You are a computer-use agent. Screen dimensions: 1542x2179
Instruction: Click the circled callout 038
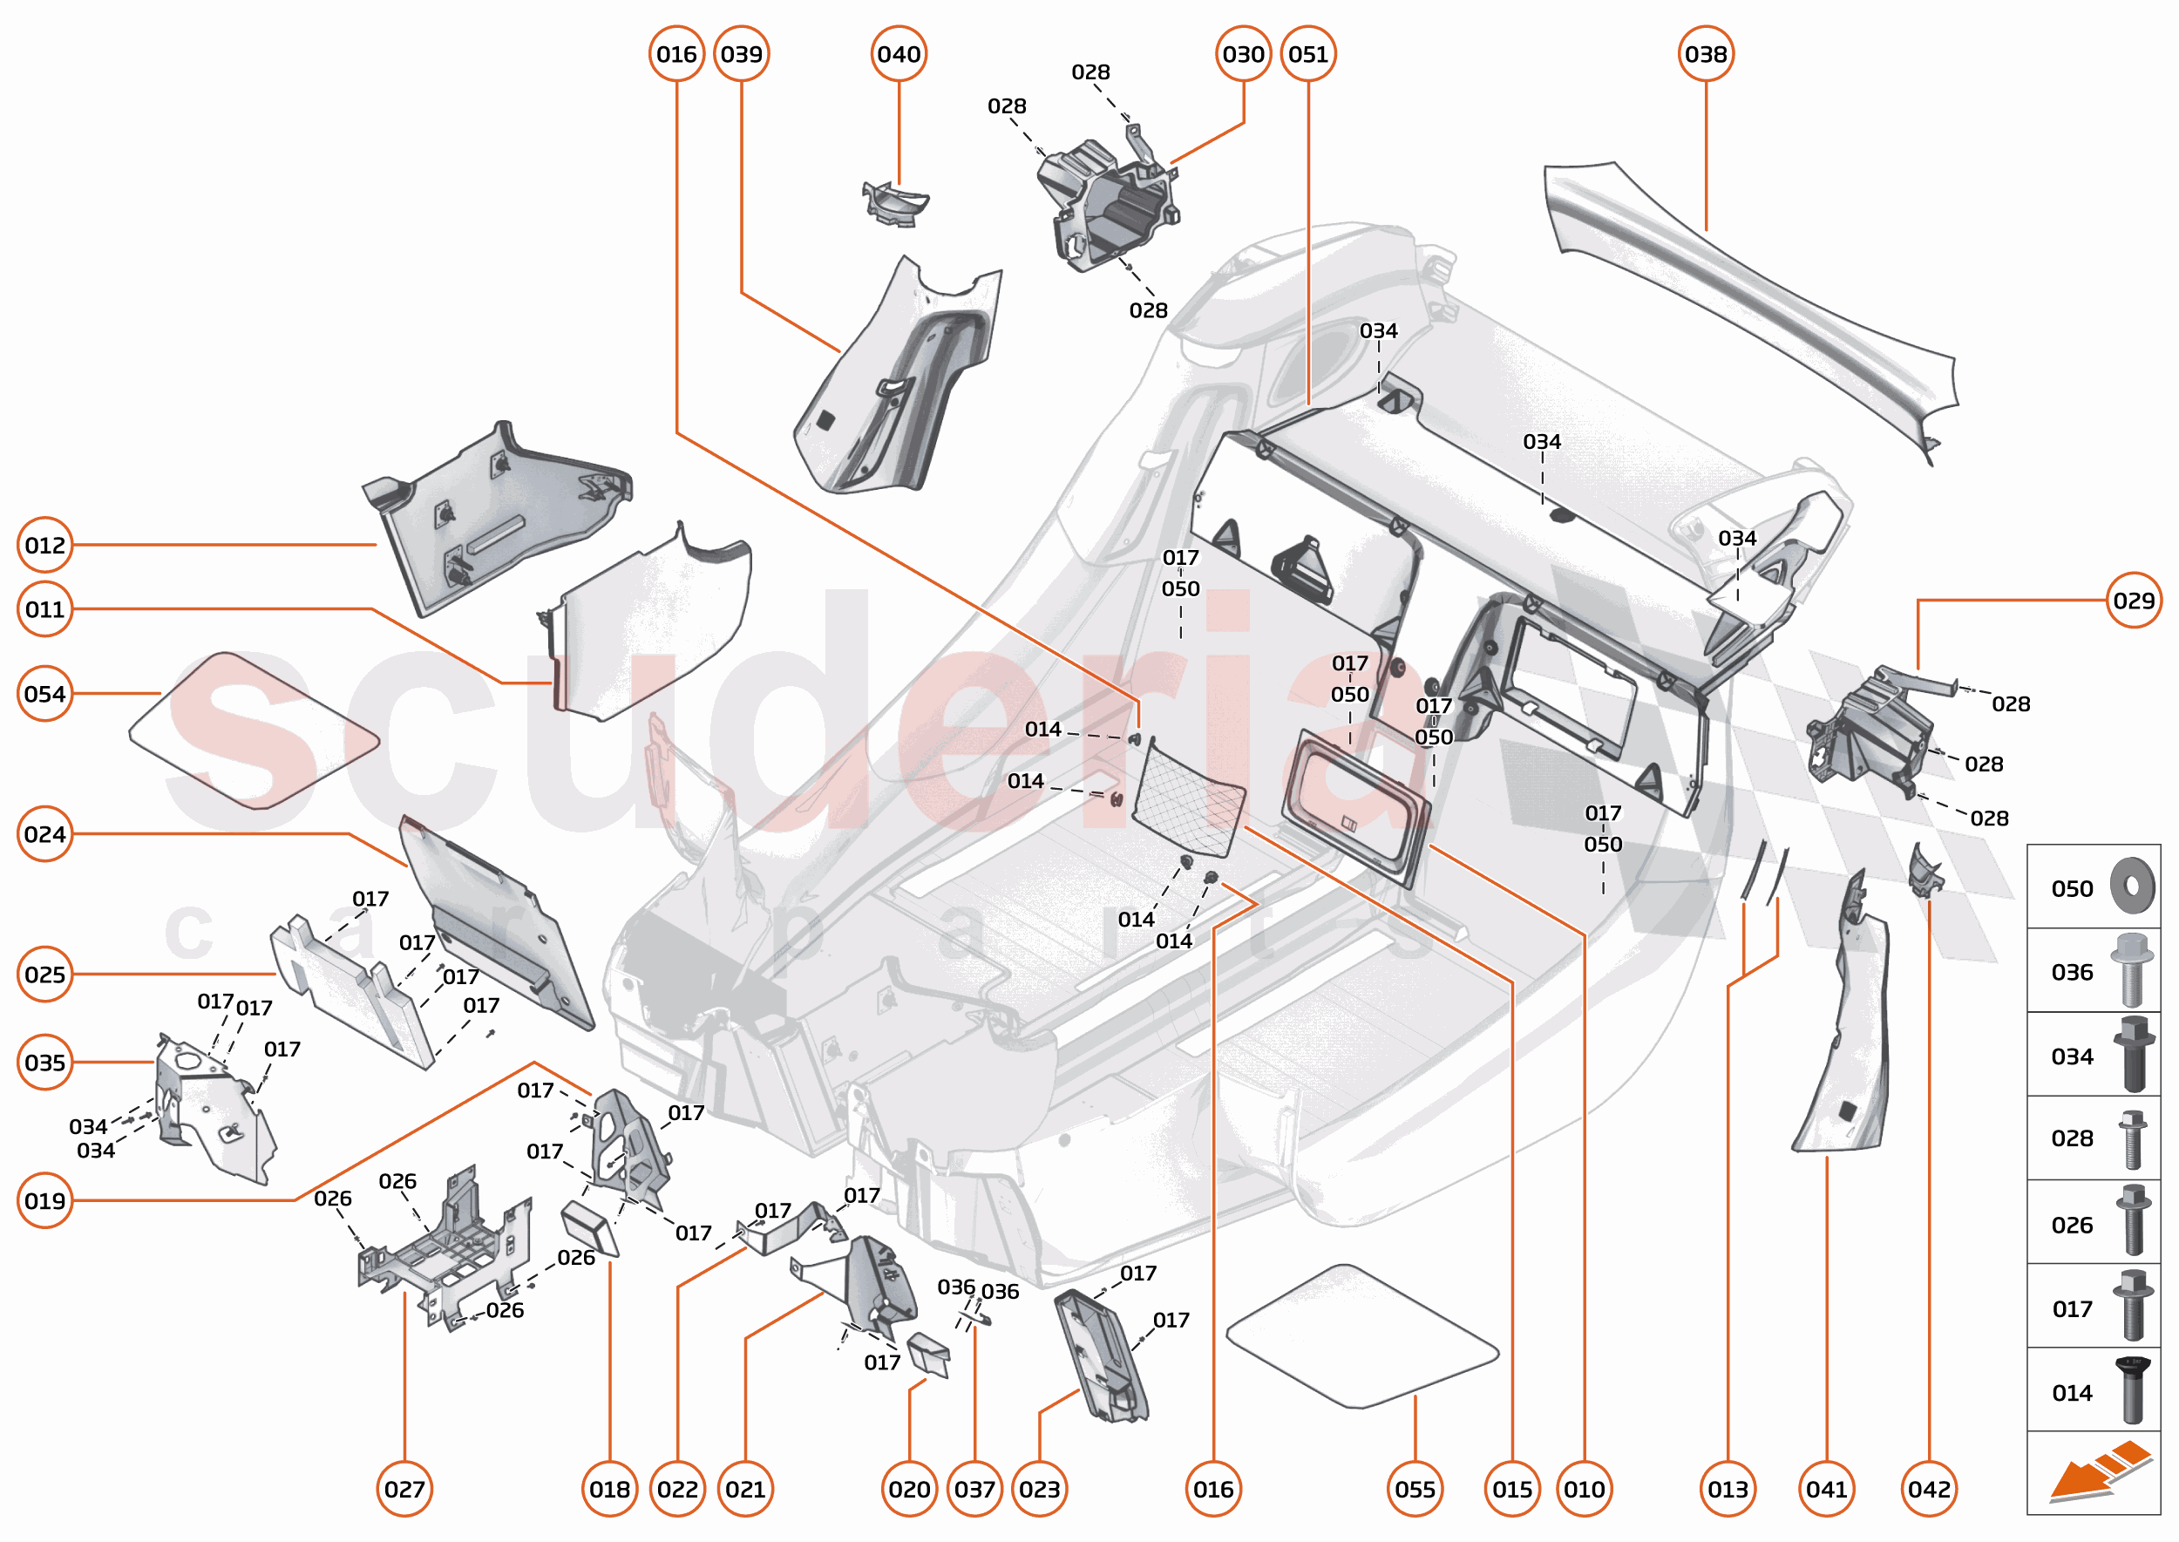pyautogui.click(x=1705, y=54)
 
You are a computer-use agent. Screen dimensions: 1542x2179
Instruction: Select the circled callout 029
pyautogui.click(x=2134, y=600)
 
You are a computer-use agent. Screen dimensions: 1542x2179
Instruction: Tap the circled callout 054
pyautogui.click(x=44, y=694)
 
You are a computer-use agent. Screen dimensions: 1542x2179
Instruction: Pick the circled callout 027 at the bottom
pyautogui.click(x=404, y=1489)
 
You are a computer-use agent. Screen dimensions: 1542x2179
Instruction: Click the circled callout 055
pyautogui.click(x=1415, y=1489)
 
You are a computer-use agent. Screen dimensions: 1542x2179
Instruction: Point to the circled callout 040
pyautogui.click(x=899, y=54)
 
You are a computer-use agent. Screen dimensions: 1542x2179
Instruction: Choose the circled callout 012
pyautogui.click(x=44, y=545)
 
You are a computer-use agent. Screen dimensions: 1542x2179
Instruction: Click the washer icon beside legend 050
pyautogui.click(x=2132, y=886)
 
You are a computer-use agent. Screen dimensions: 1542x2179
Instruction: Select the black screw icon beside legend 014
pyautogui.click(x=2132, y=1390)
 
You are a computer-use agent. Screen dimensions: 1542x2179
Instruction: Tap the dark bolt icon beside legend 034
pyautogui.click(x=2132, y=1054)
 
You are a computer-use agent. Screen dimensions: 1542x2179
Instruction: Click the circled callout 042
pyautogui.click(x=1928, y=1489)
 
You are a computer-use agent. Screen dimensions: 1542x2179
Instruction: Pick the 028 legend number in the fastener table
pyautogui.click(x=2071, y=1138)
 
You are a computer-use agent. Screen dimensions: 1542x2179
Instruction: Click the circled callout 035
pyautogui.click(x=44, y=1063)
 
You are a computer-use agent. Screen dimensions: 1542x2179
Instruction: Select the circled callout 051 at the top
pyautogui.click(x=1307, y=54)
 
